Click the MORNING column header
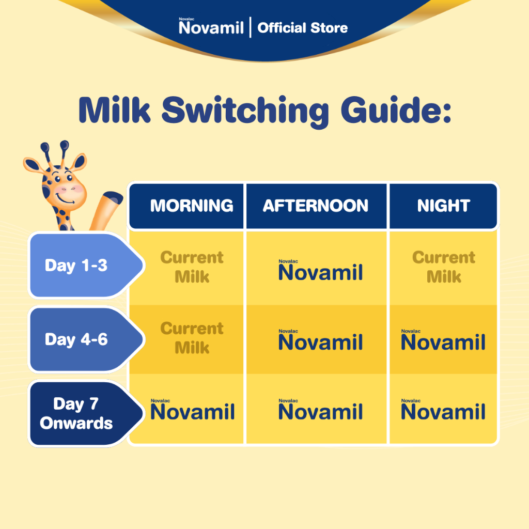click(192, 206)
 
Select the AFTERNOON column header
click(316, 206)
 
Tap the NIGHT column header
click(443, 206)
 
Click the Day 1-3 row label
click(76, 266)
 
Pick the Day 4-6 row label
click(76, 339)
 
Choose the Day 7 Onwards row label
click(76, 413)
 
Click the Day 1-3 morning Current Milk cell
click(192, 267)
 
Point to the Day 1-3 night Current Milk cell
click(444, 267)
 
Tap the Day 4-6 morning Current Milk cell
click(192, 337)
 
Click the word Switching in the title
click(245, 112)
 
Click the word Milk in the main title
click(114, 110)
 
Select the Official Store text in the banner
click(303, 28)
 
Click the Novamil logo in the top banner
click(211, 26)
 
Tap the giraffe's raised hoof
click(113, 198)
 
